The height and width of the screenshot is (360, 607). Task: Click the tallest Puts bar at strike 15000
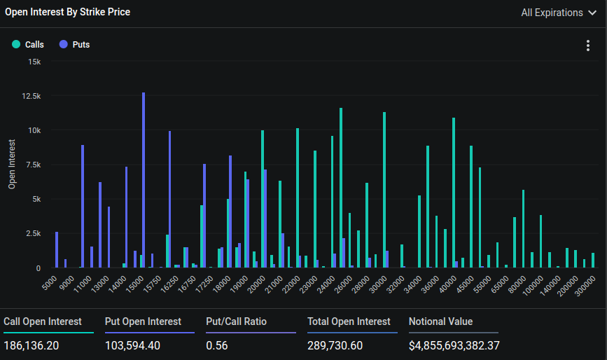point(144,180)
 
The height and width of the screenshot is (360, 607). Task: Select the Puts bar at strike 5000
point(57,250)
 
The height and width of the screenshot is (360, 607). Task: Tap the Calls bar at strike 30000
point(384,190)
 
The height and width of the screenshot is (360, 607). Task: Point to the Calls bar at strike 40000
point(454,193)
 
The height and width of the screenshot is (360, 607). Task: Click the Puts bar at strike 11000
point(83,207)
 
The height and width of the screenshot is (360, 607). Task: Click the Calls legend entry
point(28,45)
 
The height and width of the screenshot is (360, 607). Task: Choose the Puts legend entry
point(75,45)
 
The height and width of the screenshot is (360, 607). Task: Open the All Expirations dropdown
point(558,13)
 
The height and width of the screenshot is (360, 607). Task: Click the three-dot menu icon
point(587,46)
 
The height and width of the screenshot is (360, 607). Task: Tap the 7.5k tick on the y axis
point(33,165)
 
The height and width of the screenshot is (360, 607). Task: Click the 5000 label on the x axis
point(49,283)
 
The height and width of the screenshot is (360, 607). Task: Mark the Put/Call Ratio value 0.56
point(218,346)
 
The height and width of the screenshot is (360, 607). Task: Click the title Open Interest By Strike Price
point(67,12)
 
